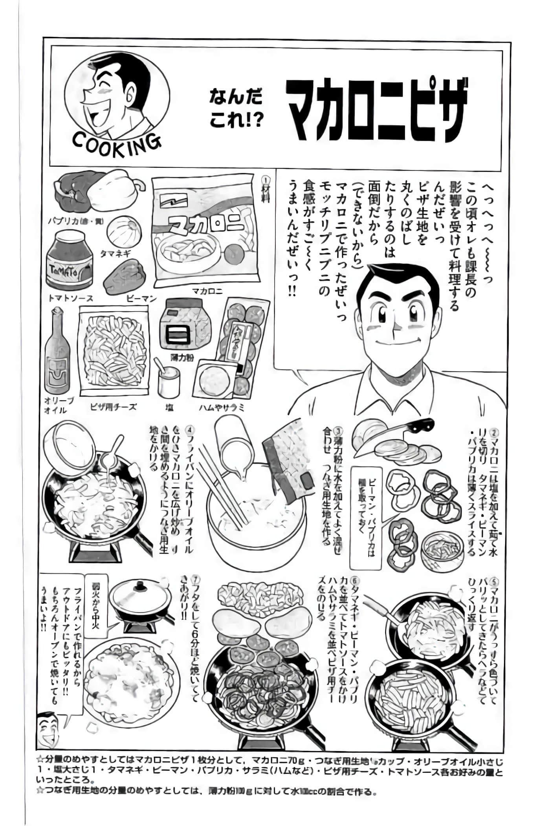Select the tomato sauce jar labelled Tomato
coord(69,261)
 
